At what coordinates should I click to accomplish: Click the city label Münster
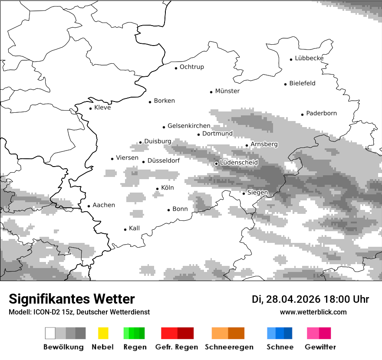pos(227,91)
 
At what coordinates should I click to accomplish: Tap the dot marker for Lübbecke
pos(291,59)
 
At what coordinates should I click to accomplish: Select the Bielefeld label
pos(302,83)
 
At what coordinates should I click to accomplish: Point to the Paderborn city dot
pos(303,115)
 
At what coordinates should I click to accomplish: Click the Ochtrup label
pos(191,67)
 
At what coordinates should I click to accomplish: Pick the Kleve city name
pos(102,108)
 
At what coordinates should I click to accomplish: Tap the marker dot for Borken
pos(150,102)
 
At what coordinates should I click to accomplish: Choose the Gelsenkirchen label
pos(189,126)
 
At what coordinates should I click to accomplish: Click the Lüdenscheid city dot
pos(217,164)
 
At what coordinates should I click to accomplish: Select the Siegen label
pos(257,193)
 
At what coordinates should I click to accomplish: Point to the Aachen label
pos(104,205)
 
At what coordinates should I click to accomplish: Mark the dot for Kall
pos(125,229)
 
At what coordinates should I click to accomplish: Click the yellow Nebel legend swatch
pos(103,333)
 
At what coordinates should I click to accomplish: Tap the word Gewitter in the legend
pos(320,347)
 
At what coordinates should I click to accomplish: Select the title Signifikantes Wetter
pos(72,299)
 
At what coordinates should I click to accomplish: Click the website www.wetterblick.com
pos(313,312)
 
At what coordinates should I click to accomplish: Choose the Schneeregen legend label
pos(229,347)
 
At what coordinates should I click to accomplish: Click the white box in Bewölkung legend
pos(50,333)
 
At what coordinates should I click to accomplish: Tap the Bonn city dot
pos(169,210)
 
